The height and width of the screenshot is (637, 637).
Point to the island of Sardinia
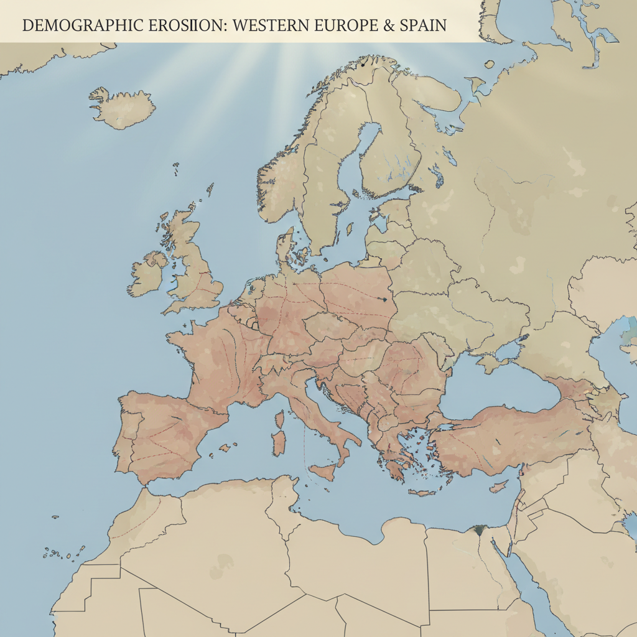click(279, 442)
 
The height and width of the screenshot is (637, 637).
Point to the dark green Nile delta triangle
click(478, 531)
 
